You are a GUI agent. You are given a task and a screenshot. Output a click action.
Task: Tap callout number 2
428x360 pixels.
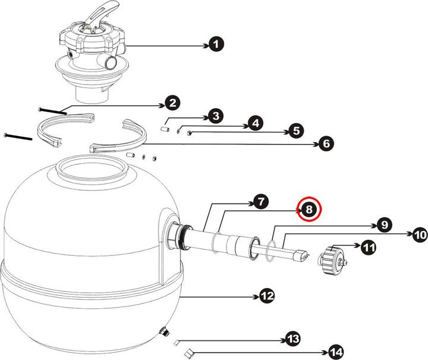pos(172,104)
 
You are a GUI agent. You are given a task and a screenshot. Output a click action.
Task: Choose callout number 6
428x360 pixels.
pos(326,143)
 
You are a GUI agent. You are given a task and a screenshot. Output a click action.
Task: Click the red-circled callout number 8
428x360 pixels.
pos(310,209)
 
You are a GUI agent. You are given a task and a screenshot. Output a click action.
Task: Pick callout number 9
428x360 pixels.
pos(383,225)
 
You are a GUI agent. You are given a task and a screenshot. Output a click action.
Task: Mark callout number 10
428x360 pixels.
pos(419,235)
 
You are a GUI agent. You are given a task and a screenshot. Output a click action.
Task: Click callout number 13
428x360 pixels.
pos(292,339)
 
